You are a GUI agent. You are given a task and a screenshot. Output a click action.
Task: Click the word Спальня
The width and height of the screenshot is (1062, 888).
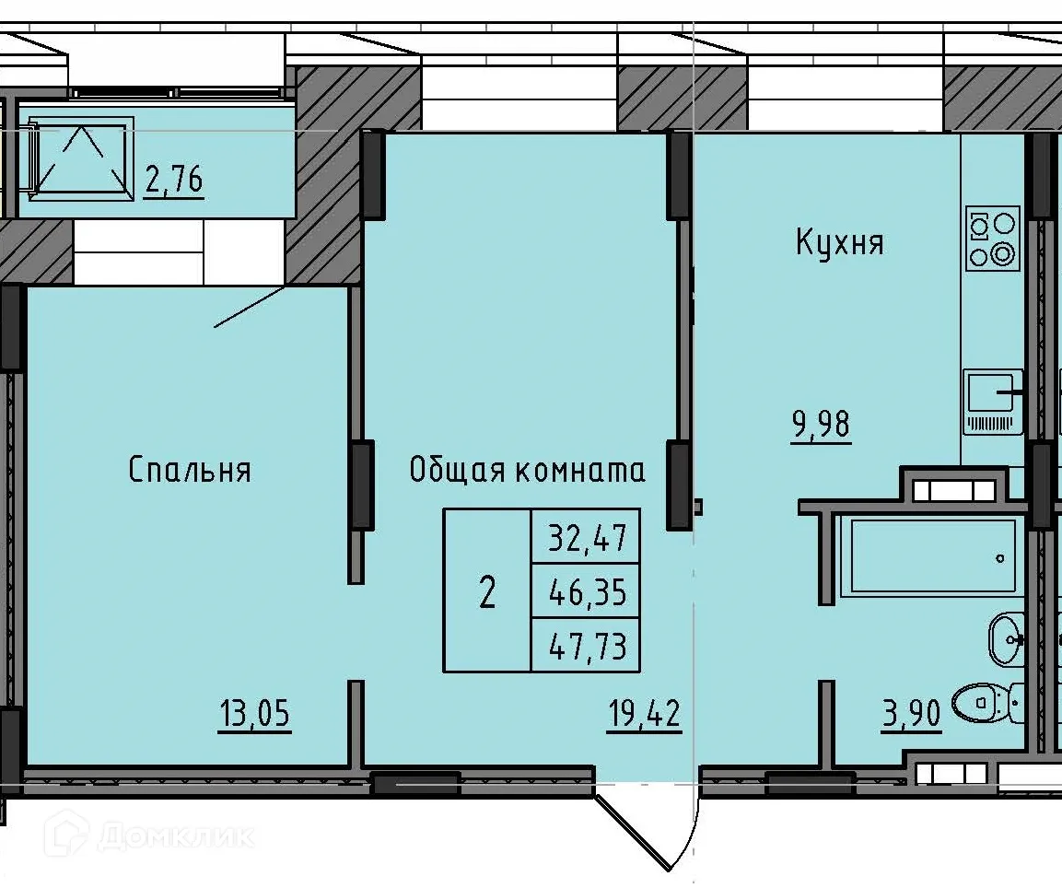tap(190, 471)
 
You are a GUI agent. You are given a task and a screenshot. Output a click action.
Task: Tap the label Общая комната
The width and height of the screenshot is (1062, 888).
tap(527, 471)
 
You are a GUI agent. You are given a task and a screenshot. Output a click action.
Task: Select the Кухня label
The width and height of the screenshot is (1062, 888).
tap(839, 244)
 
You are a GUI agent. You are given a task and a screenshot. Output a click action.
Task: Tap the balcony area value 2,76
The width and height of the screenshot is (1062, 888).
tap(174, 180)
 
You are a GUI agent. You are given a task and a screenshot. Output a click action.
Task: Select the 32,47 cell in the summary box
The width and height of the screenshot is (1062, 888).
tap(586, 536)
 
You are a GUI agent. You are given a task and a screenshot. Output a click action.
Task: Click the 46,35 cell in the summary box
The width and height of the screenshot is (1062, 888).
tap(586, 591)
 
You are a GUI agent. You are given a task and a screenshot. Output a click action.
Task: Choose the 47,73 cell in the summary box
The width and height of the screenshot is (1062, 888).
tap(586, 646)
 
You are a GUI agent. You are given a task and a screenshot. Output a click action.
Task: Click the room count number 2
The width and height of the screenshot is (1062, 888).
tap(487, 591)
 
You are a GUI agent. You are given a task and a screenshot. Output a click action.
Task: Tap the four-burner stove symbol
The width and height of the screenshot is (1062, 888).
tap(993, 238)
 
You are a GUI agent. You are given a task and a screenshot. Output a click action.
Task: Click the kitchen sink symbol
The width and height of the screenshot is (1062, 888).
tap(993, 401)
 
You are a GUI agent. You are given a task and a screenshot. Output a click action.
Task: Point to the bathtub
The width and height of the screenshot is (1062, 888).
tap(932, 556)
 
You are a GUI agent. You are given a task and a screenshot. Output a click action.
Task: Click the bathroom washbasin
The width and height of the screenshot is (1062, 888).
tap(1006, 638)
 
